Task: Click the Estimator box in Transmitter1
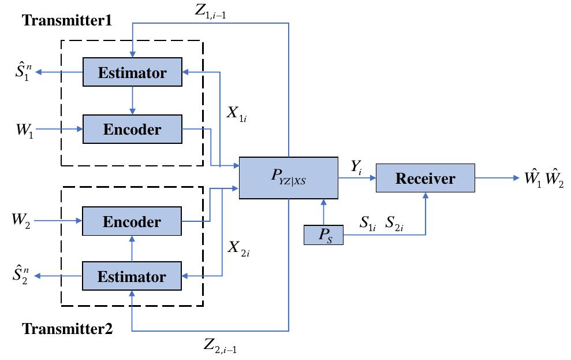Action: point(132,72)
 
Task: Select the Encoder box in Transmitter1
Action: point(132,129)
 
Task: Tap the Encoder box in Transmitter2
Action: point(132,221)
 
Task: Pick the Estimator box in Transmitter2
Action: point(132,276)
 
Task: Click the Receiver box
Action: point(425,178)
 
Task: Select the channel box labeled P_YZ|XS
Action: point(288,177)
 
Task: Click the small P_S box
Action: point(323,236)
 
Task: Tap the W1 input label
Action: point(25,129)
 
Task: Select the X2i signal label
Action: point(238,248)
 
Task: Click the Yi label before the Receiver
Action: point(356,168)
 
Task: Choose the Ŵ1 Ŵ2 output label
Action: point(543,179)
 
